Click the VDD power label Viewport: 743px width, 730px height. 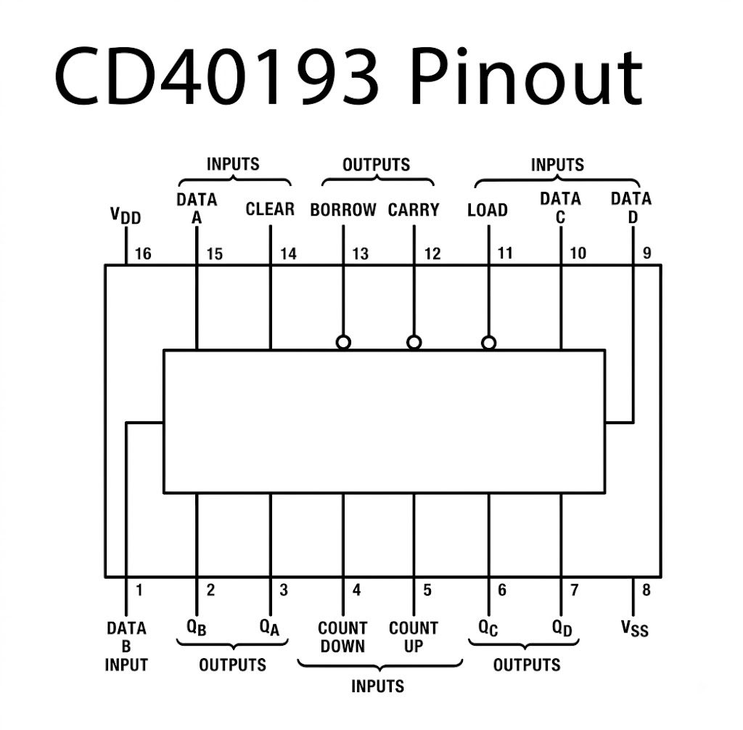[126, 216]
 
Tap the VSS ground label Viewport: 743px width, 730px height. [634, 628]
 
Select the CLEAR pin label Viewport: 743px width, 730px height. [270, 208]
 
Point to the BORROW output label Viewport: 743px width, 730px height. [343, 210]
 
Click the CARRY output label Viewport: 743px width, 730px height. [414, 210]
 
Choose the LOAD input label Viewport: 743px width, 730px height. [488, 210]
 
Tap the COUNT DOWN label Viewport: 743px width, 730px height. [342, 637]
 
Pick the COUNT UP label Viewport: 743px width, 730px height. [414, 637]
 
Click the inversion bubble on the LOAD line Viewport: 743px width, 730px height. [488, 342]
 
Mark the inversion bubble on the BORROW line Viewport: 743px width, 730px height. [343, 342]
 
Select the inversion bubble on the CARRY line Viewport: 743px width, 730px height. [414, 342]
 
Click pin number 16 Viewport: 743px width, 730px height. [143, 254]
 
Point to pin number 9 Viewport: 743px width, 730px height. [646, 253]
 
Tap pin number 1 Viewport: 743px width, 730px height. [139, 590]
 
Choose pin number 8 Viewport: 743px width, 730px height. [646, 590]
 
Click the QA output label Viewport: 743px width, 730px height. [269, 628]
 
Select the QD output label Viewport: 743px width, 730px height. [562, 628]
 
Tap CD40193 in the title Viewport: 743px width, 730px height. [216, 76]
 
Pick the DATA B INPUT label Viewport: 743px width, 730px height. [126, 646]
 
